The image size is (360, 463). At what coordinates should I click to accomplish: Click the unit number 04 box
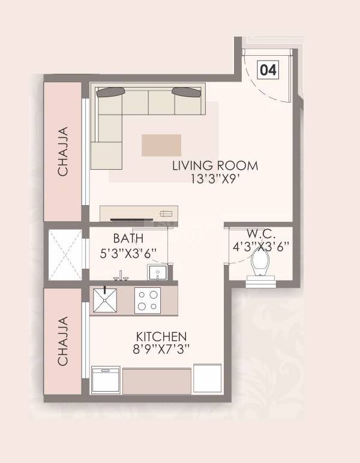point(268,70)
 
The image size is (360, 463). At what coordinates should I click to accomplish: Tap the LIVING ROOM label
point(215,166)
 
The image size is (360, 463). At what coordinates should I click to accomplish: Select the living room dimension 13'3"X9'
point(215,179)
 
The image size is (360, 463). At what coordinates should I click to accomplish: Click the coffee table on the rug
point(161,145)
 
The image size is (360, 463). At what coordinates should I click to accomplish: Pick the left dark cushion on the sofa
point(111,92)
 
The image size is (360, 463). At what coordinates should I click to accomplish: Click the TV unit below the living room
point(139,214)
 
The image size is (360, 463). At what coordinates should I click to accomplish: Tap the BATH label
point(128,238)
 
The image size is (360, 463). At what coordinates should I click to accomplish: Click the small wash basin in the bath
point(157,273)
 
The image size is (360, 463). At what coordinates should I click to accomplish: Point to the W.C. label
point(260,233)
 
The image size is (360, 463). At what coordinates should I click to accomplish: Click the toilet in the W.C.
point(260,263)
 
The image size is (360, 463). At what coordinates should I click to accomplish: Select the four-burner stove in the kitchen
point(147,300)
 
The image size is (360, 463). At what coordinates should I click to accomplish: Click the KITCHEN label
point(161,336)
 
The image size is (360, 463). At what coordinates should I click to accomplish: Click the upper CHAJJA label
point(62,152)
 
